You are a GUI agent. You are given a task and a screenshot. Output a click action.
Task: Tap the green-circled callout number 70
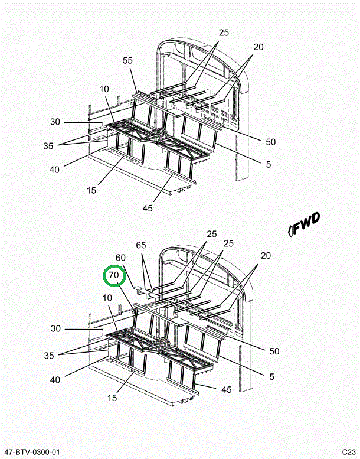(114, 275)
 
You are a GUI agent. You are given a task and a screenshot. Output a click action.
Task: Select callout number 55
(129, 60)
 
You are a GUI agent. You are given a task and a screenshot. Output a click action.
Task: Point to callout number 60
(120, 258)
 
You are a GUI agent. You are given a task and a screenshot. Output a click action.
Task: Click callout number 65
(140, 245)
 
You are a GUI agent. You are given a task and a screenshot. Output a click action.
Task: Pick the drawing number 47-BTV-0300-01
(31, 452)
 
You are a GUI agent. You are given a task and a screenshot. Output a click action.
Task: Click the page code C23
(348, 452)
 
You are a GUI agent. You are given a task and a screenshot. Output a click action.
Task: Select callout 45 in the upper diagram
(148, 208)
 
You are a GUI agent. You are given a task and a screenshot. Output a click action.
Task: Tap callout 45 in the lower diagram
(226, 389)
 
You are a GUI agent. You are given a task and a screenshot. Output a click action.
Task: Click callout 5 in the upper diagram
(268, 165)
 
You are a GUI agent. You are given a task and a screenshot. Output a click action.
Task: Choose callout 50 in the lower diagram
(274, 351)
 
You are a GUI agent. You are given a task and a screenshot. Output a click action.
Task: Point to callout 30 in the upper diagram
(55, 122)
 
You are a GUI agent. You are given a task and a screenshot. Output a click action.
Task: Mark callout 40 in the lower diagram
(55, 380)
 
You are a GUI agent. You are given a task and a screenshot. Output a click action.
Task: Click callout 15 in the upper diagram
(91, 190)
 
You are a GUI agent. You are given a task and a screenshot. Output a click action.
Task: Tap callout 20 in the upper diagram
(258, 47)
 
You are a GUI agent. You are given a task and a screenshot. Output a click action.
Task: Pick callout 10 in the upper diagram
(104, 89)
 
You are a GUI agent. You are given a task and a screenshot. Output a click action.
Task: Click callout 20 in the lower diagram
(266, 256)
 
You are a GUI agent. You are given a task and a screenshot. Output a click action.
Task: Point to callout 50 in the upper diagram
(271, 142)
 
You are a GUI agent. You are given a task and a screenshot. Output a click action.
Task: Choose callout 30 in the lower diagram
(55, 329)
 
